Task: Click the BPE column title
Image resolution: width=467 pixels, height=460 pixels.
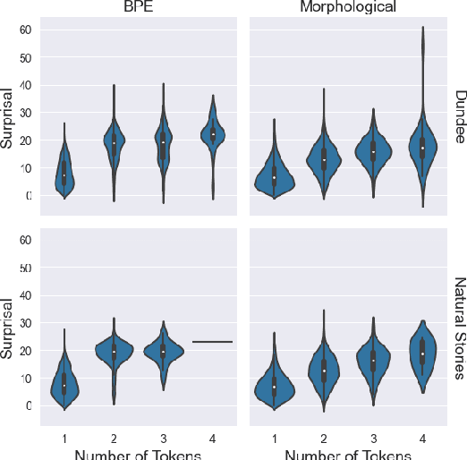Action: [x=137, y=8]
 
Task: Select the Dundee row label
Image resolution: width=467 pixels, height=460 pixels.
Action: [x=458, y=116]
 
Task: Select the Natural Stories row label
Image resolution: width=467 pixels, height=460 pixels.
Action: [x=458, y=328]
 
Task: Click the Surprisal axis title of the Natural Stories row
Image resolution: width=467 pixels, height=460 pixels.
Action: [x=8, y=328]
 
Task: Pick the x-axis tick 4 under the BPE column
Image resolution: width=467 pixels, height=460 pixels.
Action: [x=212, y=437]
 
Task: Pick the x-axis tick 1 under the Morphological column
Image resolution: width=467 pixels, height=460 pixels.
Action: [x=275, y=437]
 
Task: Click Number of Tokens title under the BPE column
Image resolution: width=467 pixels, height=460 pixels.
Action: [x=137, y=452]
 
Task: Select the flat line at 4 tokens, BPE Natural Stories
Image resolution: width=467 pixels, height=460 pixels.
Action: [x=212, y=342]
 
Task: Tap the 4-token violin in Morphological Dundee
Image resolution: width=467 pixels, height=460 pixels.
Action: [x=422, y=148]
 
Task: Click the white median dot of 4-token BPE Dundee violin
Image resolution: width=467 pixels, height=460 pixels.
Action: [x=212, y=134]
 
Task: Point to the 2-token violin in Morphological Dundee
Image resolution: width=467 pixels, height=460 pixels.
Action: [x=324, y=159]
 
